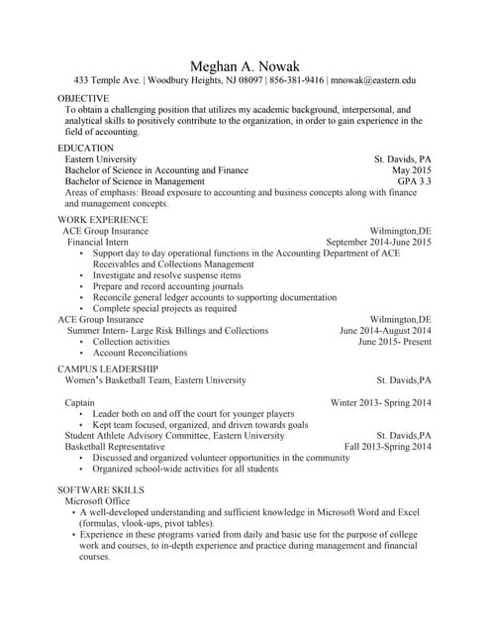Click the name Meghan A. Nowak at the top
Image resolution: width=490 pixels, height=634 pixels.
coord(245,64)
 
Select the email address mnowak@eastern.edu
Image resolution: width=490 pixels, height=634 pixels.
coord(373,80)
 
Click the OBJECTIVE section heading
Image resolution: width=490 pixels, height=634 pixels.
coord(83,99)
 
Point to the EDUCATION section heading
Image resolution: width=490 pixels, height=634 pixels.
coord(85,148)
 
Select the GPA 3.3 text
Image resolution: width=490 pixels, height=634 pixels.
coord(414,182)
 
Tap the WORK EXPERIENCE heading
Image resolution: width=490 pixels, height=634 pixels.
coord(103,219)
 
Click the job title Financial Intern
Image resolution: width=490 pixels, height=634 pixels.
coord(97,242)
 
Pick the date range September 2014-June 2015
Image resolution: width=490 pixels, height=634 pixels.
coord(378,242)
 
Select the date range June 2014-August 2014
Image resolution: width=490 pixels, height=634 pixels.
coord(385,331)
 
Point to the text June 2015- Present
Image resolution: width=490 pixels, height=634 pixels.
coord(394,342)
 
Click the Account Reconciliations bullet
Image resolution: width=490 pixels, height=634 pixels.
coord(140,353)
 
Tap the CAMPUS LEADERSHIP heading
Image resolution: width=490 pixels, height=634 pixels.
coord(106,369)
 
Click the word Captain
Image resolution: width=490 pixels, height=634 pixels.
coord(80,403)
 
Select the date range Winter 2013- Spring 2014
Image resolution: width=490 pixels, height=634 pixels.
coord(380,403)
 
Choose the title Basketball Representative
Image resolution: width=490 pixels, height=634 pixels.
coord(115,447)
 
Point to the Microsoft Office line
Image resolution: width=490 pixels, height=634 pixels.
coord(97,501)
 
